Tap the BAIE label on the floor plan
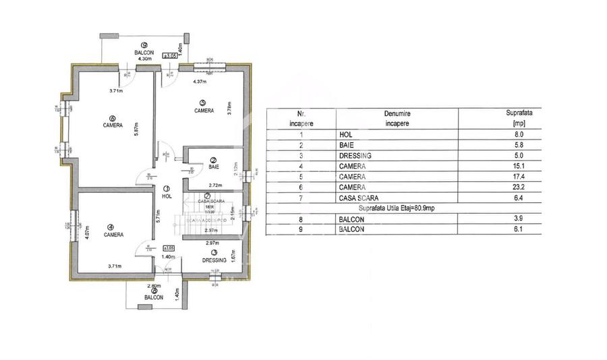(x=213, y=167)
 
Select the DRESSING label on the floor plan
(x=214, y=260)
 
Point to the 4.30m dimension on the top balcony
(x=144, y=59)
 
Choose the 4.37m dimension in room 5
(x=199, y=82)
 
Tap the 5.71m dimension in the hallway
(x=156, y=214)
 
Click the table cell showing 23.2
(x=519, y=187)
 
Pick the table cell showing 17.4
(x=519, y=176)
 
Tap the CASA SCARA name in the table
(x=357, y=198)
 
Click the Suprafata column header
(x=519, y=119)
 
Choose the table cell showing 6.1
(x=519, y=229)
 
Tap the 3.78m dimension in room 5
(x=229, y=109)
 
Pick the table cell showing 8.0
(x=519, y=134)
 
